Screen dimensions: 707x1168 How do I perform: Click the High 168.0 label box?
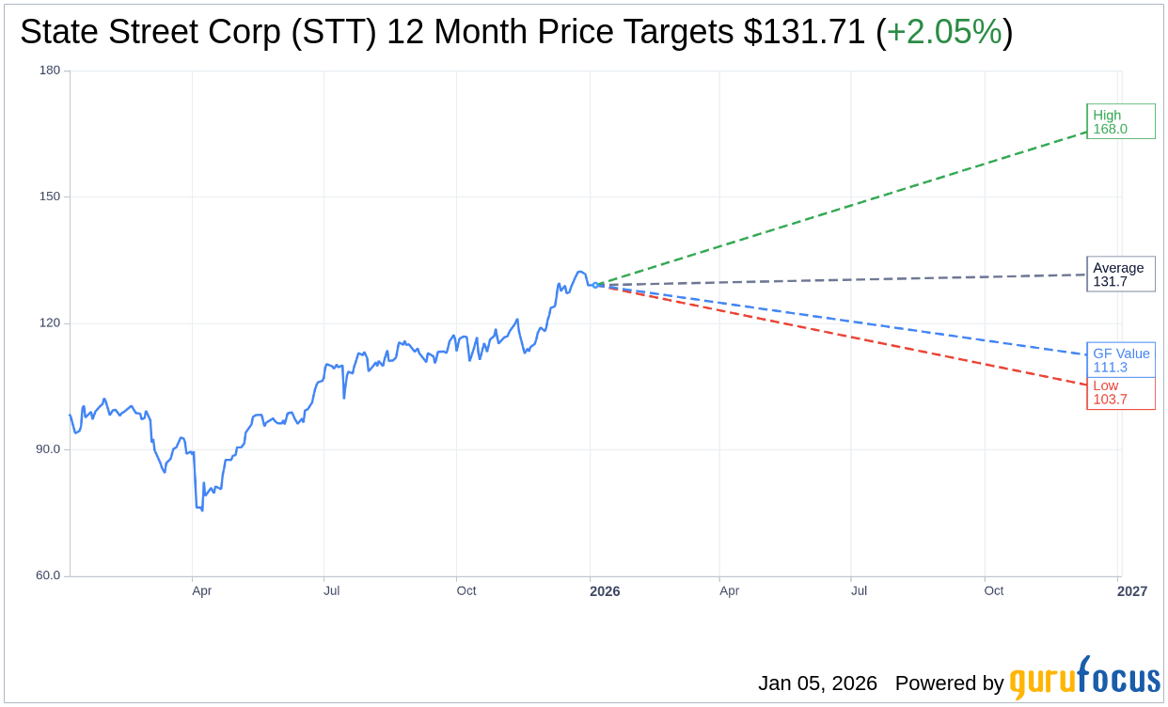point(1120,122)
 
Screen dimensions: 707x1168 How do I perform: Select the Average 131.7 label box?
point(1120,275)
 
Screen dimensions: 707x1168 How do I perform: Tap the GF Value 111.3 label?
point(1120,360)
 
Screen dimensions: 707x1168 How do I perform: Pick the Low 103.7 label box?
point(1120,393)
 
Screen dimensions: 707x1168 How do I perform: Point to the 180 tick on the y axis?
point(50,71)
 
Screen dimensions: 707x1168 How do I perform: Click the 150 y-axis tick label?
point(50,196)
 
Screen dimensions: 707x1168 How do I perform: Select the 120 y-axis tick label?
point(50,322)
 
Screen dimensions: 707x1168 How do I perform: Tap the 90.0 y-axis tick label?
point(47,449)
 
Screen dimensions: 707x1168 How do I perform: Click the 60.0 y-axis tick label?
point(47,575)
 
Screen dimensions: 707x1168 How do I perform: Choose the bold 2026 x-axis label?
point(605,591)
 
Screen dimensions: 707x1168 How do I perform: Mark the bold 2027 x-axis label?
point(1132,591)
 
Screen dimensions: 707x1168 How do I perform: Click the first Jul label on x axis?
point(331,591)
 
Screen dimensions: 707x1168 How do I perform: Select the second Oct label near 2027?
point(993,591)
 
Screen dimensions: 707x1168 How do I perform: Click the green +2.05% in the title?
point(944,32)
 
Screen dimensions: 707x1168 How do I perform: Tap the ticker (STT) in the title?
point(333,32)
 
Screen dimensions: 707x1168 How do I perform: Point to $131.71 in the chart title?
point(804,32)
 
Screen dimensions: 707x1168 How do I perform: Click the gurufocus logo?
point(1084,679)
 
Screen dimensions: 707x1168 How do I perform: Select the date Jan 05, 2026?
point(817,683)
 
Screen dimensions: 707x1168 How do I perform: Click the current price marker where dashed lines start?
point(595,285)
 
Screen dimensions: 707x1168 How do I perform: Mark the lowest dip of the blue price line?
point(202,510)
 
